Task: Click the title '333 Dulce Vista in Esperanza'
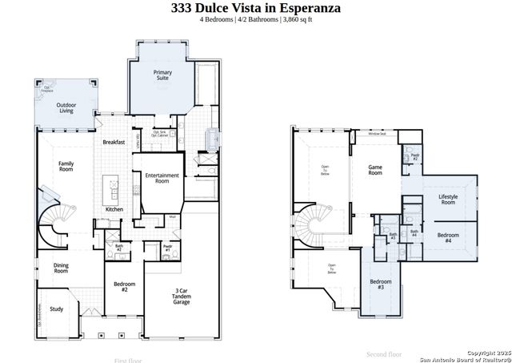[255, 8]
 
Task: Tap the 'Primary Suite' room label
[163, 75]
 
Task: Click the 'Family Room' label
[66, 166]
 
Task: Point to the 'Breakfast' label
[114, 142]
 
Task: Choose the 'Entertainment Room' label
[162, 178]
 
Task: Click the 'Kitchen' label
[114, 210]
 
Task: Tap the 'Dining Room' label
[61, 268]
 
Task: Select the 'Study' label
[56, 309]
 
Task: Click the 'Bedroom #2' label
[124, 286]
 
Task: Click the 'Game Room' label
[375, 169]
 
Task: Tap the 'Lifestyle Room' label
[448, 200]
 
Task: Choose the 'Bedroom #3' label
[380, 284]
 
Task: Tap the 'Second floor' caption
[383, 353]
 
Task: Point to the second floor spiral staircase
[307, 224]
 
